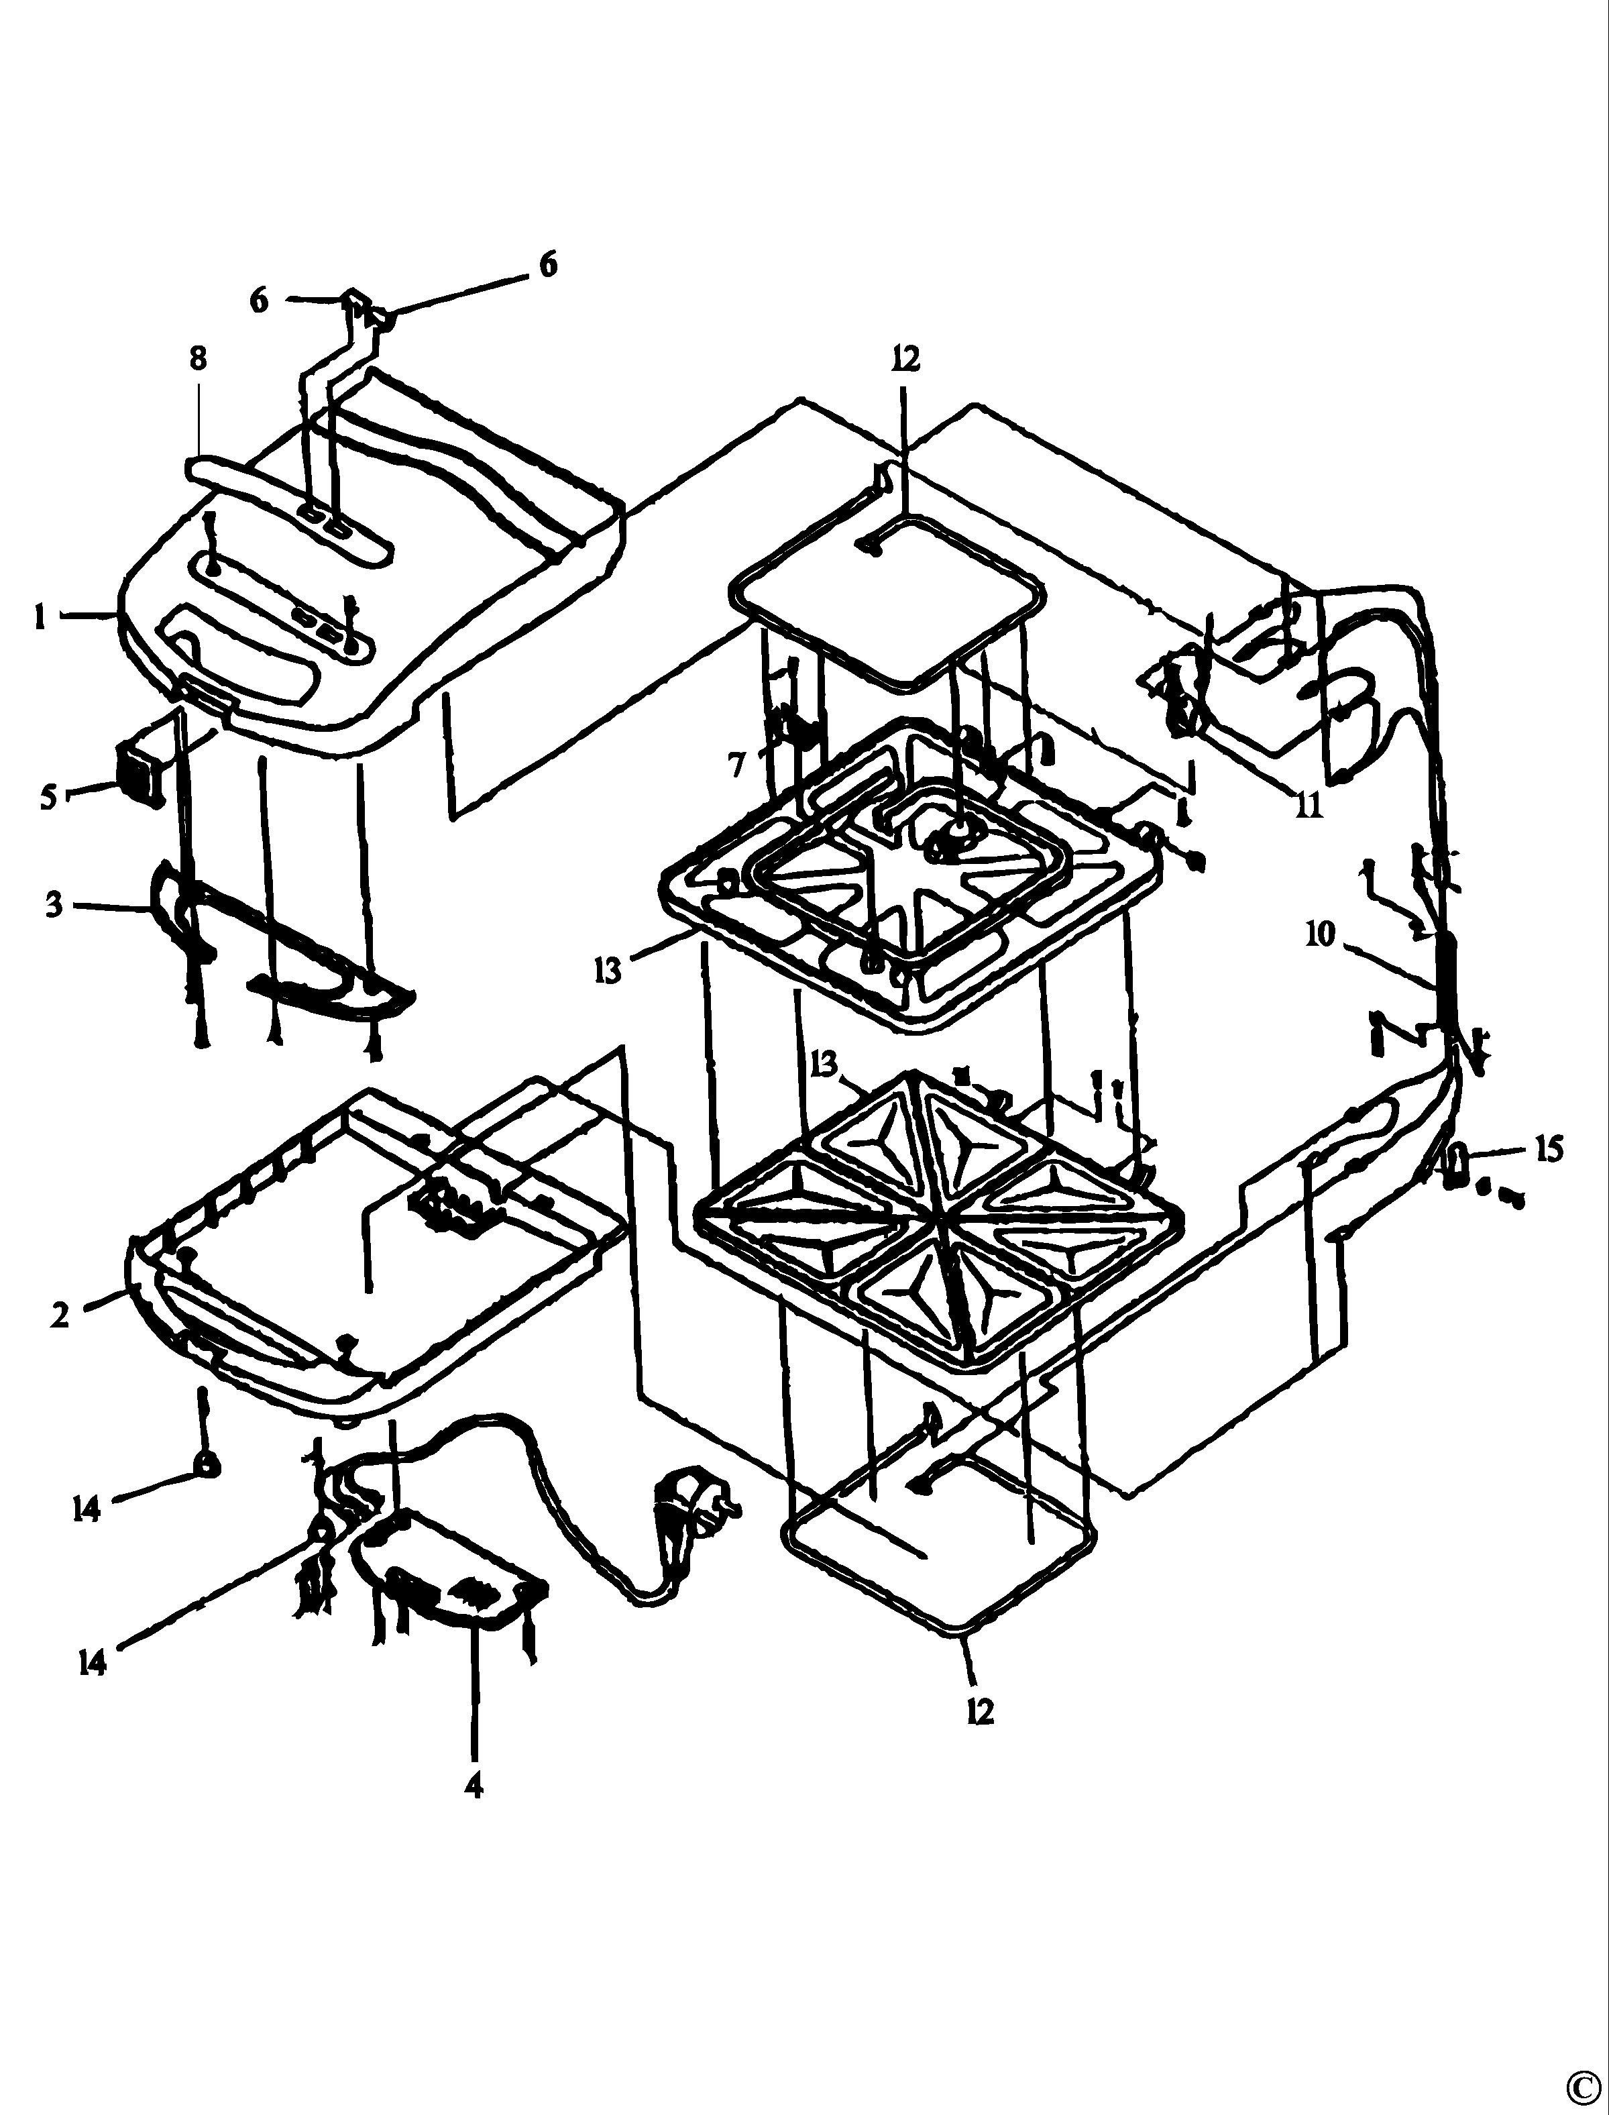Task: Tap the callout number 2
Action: pos(60,1315)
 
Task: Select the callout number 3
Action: pos(54,904)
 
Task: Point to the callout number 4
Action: pos(473,1784)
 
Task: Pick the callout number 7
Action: pos(736,765)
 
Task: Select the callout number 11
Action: pos(1309,806)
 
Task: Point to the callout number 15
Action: pos(1549,1148)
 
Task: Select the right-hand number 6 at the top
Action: pos(548,264)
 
